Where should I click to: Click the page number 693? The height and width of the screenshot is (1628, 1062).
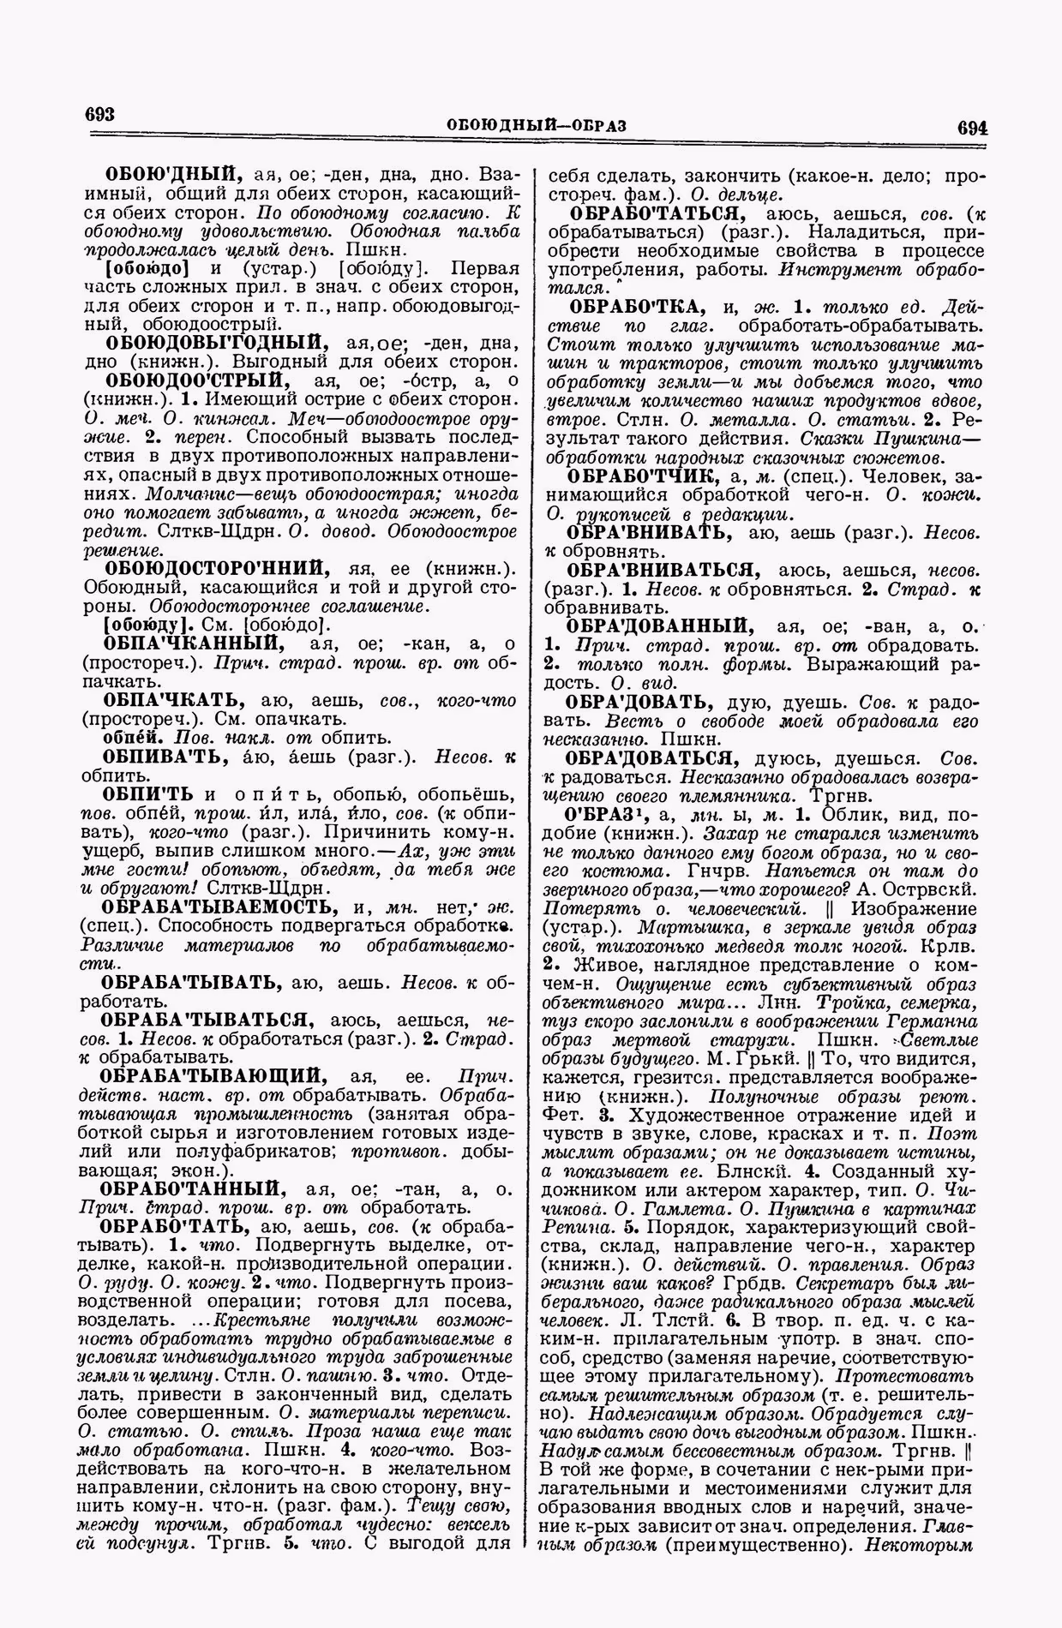click(100, 115)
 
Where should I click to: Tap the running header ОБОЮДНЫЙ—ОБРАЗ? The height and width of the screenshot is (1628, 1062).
click(537, 125)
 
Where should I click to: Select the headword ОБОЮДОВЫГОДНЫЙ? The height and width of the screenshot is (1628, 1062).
click(212, 340)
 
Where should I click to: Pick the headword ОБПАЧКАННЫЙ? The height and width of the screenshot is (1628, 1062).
click(191, 643)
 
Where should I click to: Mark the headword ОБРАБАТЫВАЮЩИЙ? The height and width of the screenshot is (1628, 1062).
click(212, 1074)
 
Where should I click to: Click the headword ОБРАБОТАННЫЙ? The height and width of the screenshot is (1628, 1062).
click(190, 1188)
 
